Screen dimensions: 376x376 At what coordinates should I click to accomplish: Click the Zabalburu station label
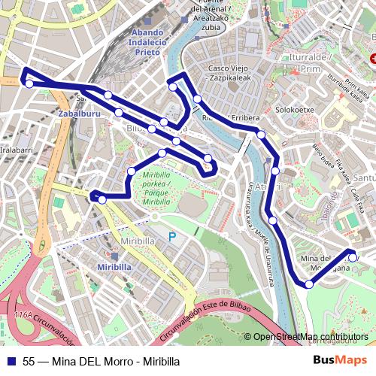(77, 114)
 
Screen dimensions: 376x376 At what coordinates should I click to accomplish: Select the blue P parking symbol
(172, 237)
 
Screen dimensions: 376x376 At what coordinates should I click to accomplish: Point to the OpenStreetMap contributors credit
(311, 337)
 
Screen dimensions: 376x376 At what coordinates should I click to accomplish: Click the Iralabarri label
(17, 150)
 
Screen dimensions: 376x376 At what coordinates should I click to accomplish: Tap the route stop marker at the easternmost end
(353, 257)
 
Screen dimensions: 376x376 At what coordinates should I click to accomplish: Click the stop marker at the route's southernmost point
(309, 284)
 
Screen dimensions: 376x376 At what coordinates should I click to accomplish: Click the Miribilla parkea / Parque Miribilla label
(157, 188)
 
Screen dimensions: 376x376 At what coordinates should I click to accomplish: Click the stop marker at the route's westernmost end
(29, 83)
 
